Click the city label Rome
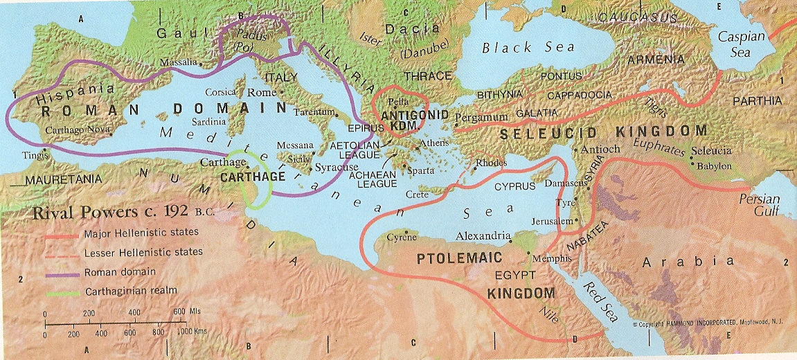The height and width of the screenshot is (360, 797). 261,92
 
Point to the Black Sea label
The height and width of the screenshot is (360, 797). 529,47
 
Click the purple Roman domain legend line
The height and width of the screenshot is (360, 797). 64,272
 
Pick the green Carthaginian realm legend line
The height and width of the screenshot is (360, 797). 64,291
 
